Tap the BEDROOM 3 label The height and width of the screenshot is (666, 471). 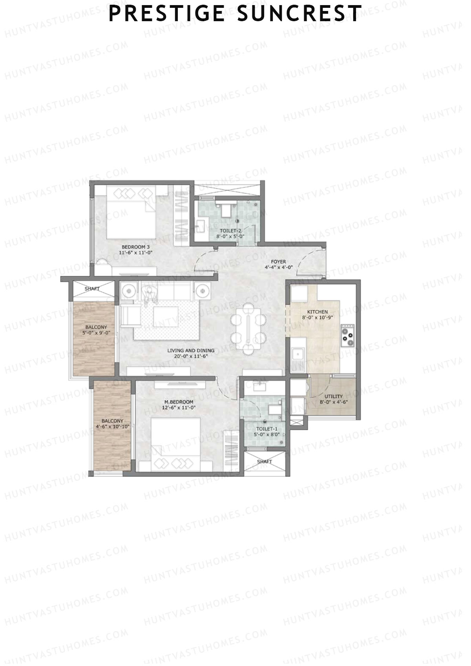(135, 247)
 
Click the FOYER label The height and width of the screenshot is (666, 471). (278, 262)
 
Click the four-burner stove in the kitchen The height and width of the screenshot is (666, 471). (347, 335)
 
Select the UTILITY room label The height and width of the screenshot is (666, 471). (333, 396)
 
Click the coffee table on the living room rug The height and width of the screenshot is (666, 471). (165, 316)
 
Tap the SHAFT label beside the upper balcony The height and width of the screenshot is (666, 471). (93, 288)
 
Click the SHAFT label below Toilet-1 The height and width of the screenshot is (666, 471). (264, 462)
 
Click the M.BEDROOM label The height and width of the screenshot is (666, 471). (179, 402)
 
